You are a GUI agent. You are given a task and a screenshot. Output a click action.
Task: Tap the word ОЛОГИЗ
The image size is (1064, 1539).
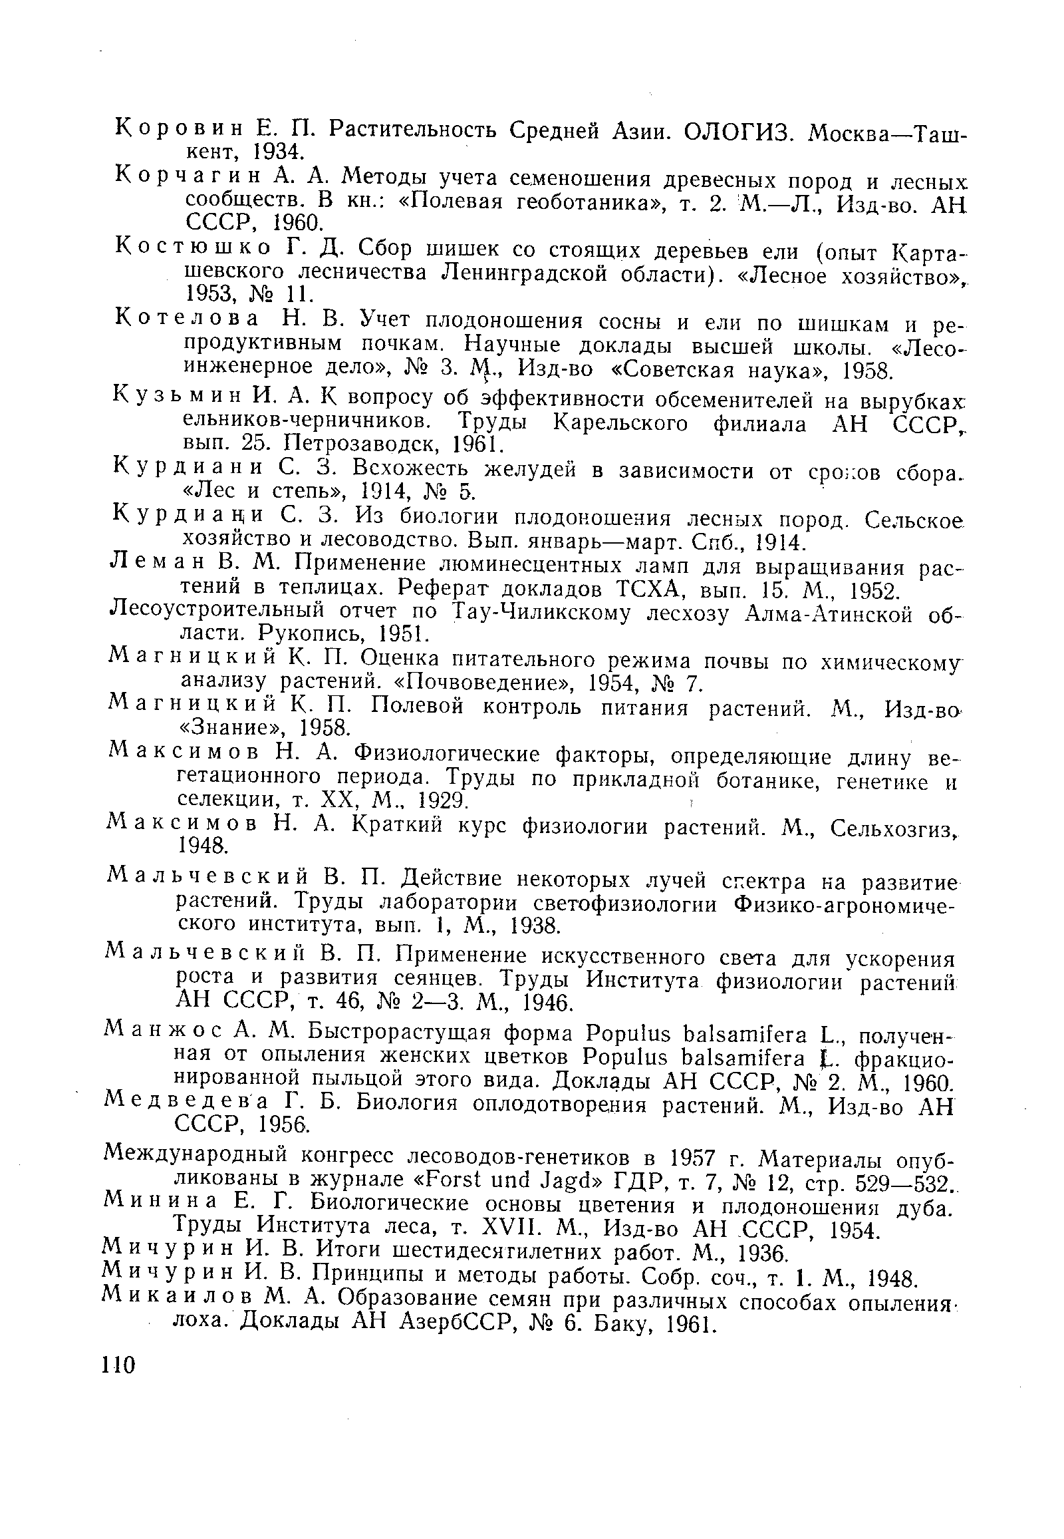pos(735,132)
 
